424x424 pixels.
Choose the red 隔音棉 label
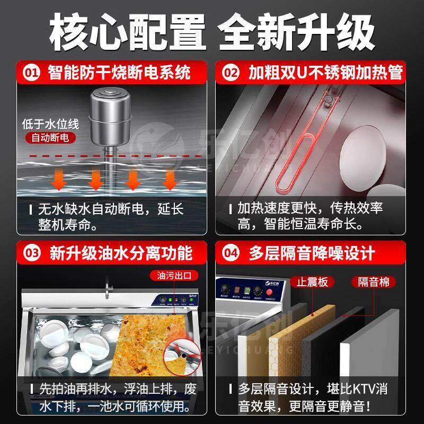coord(377,281)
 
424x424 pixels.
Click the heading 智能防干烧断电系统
coord(119,72)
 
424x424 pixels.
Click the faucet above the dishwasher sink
coord(109,287)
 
